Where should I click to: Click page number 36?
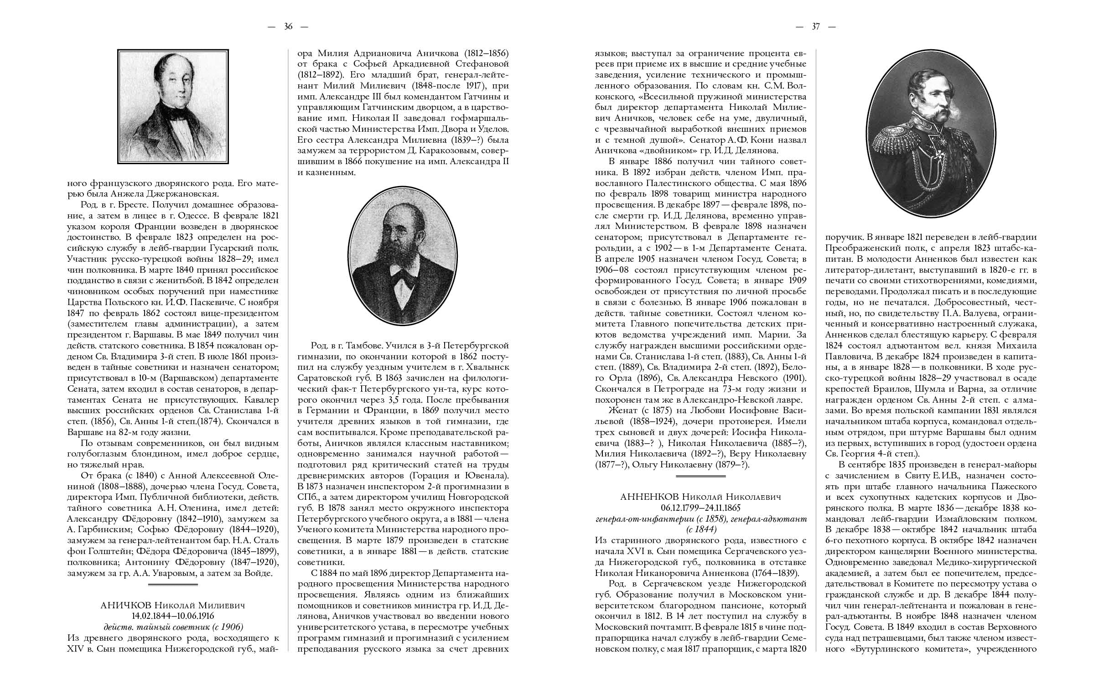pyautogui.click(x=288, y=26)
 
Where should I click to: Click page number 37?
pyautogui.click(x=815, y=26)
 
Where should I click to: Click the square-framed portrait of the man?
pyautogui.click(x=173, y=106)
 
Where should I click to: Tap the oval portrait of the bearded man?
pyautogui.click(x=403, y=256)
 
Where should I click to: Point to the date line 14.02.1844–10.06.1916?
pyautogui.click(x=173, y=616)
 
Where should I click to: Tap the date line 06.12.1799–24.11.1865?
pyautogui.click(x=700, y=508)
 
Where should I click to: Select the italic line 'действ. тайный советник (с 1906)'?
pyautogui.click(x=173, y=627)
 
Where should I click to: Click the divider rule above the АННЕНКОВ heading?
pyautogui.click(x=700, y=477)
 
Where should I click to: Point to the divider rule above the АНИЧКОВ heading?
pyautogui.click(x=173, y=585)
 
